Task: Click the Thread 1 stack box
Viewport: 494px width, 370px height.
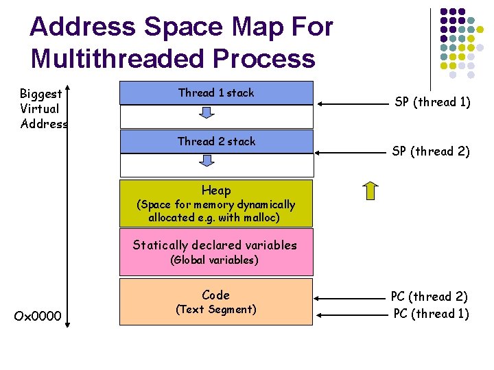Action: click(x=216, y=92)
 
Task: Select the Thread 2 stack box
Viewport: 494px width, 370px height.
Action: click(x=216, y=142)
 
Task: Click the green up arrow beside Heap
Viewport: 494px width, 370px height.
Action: click(x=370, y=190)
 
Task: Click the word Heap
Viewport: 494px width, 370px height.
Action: click(x=216, y=190)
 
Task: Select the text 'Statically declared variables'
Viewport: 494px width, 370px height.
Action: click(x=215, y=245)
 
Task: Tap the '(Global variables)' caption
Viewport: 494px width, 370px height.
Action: click(x=215, y=260)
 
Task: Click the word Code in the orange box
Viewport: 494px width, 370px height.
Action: click(x=216, y=295)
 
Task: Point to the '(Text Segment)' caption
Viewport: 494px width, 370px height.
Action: click(x=216, y=310)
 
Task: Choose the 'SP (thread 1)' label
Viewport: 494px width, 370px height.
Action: click(x=432, y=102)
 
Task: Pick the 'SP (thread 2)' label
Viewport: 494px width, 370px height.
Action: click(x=431, y=151)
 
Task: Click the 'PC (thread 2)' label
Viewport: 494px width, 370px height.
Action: click(x=430, y=297)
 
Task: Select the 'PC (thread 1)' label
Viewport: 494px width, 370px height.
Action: click(x=431, y=314)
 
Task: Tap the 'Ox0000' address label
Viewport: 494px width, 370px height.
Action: click(x=38, y=316)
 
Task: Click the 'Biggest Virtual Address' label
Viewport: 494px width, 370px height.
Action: click(x=43, y=108)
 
